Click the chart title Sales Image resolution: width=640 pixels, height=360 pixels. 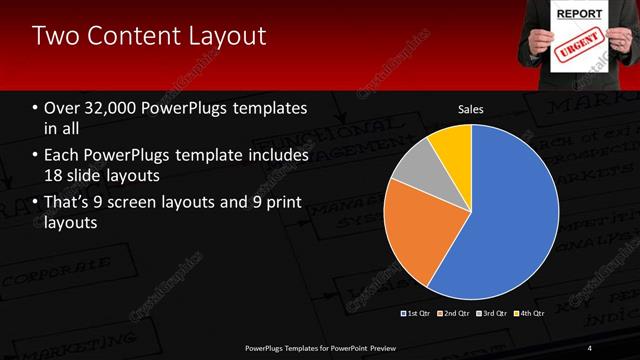pyautogui.click(x=471, y=108)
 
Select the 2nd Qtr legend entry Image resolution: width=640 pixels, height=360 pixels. pyautogui.click(x=457, y=313)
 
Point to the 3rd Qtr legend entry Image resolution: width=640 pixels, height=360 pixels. pyautogui.click(x=495, y=313)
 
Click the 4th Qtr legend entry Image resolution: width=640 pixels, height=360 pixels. pyautogui.click(x=532, y=313)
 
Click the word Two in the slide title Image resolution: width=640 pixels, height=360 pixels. pyautogui.click(x=56, y=37)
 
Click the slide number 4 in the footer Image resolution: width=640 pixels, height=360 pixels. pyautogui.click(x=590, y=347)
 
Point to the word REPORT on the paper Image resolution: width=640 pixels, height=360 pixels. pyautogui.click(x=580, y=14)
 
